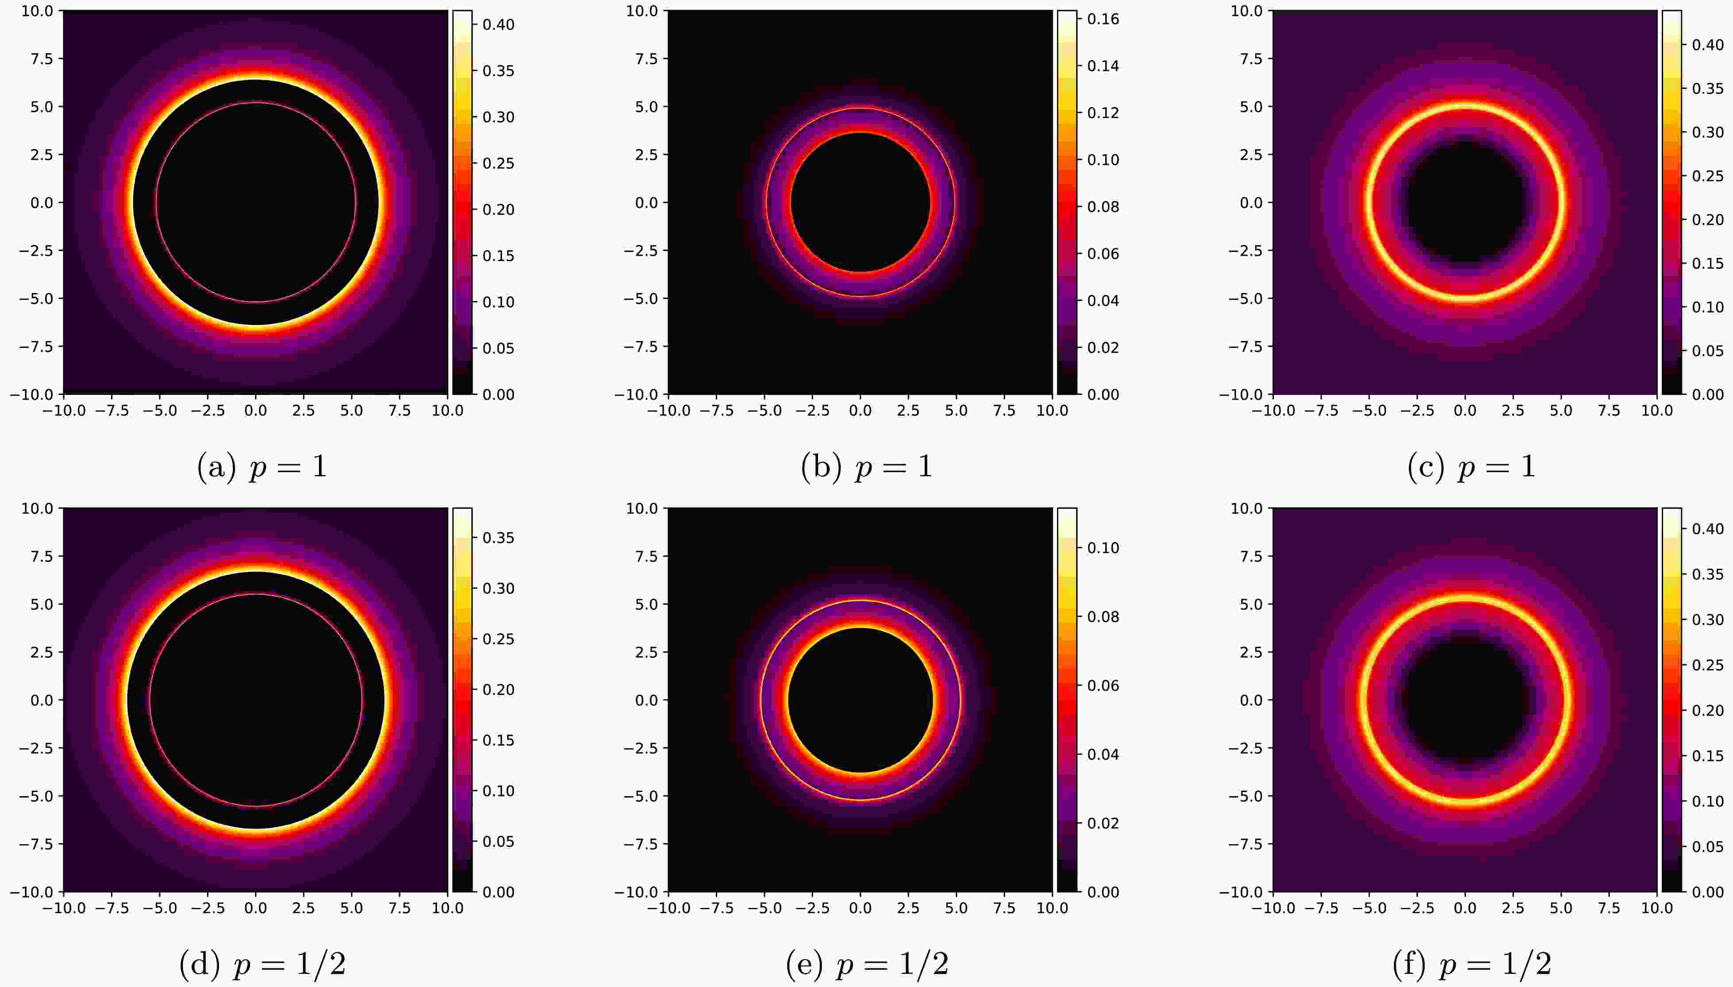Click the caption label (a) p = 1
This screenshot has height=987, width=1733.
click(x=262, y=467)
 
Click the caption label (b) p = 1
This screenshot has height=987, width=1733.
click(x=866, y=467)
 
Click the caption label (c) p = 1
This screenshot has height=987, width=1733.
click(x=1471, y=467)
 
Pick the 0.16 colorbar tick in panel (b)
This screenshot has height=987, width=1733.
click(x=1103, y=19)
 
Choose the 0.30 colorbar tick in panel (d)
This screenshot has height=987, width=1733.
click(x=498, y=589)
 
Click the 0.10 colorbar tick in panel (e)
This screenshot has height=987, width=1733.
click(x=1103, y=548)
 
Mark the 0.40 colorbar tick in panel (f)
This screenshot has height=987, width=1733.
click(x=1707, y=529)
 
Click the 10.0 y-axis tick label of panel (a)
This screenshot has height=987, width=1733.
click(x=37, y=11)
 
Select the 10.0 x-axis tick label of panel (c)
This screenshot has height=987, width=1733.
click(x=1656, y=411)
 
